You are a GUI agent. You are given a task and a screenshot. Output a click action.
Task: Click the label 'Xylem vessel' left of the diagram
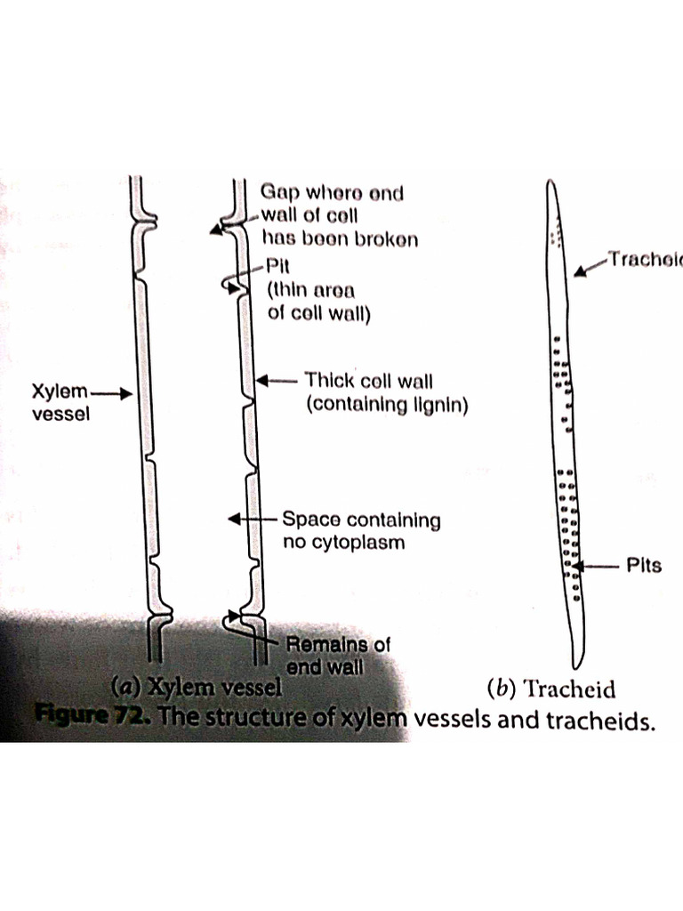click(x=61, y=402)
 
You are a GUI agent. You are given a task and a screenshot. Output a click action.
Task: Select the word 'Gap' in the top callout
click(x=279, y=191)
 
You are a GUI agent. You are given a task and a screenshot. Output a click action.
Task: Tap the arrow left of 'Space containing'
click(x=253, y=519)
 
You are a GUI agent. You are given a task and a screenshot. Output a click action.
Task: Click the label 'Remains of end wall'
click(x=337, y=653)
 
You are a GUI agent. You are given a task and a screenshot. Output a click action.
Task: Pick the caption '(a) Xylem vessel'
click(x=195, y=686)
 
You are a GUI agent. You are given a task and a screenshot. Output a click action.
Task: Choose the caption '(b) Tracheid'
click(x=551, y=688)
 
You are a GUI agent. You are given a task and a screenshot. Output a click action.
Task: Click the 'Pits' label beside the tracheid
click(x=644, y=566)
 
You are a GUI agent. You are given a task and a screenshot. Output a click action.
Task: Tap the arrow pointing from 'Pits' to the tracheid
click(x=597, y=565)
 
